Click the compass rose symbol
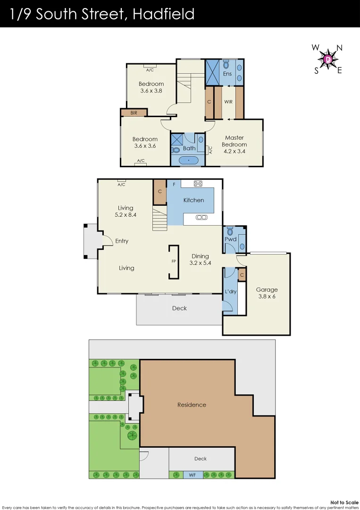click(328, 59)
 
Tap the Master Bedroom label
click(234, 141)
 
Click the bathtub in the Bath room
click(189, 160)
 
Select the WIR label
click(228, 102)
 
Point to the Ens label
click(227, 74)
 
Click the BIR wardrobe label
click(134, 113)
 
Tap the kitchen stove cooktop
click(199, 184)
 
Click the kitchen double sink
click(201, 217)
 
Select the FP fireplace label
click(174, 261)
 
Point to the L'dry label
click(230, 291)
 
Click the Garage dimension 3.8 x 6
click(267, 297)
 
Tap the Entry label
click(122, 241)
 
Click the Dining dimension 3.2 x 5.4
click(200, 263)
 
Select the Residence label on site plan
click(192, 405)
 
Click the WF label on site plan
click(193, 475)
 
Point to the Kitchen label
click(194, 200)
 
